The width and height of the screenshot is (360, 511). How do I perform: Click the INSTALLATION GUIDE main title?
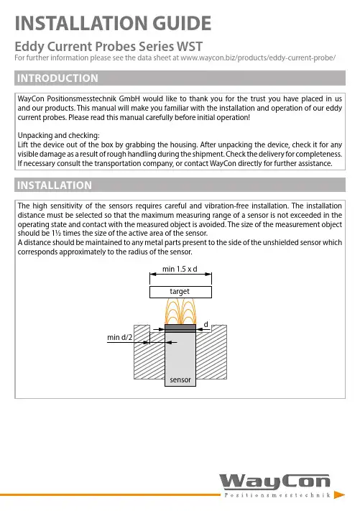pyautogui.click(x=113, y=23)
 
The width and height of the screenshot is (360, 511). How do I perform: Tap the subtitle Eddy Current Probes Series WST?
pyautogui.click(x=109, y=46)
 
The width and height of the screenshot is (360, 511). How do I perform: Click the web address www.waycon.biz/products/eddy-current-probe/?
pyautogui.click(x=258, y=58)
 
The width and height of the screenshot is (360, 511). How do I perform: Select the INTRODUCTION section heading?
pyautogui.click(x=57, y=78)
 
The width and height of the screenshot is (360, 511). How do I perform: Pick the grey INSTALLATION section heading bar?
pyautogui.click(x=180, y=185)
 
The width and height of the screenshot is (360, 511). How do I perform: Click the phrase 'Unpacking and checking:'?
pyautogui.click(x=59, y=136)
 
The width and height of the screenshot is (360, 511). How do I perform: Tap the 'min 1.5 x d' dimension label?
pyautogui.click(x=180, y=270)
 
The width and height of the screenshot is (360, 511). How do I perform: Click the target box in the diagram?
pyautogui.click(x=180, y=292)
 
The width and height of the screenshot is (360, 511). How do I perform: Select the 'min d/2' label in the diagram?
pyautogui.click(x=119, y=337)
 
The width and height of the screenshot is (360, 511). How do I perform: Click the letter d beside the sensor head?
pyautogui.click(x=206, y=325)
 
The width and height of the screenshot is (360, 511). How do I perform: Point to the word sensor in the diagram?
pyautogui.click(x=180, y=380)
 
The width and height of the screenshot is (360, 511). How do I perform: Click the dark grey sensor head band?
pyautogui.click(x=180, y=326)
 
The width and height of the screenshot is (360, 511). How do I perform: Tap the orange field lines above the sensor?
pyautogui.click(x=180, y=311)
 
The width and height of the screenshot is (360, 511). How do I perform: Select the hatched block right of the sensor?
pyautogui.click(x=211, y=354)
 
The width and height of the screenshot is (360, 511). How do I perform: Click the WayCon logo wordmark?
pyautogui.click(x=274, y=482)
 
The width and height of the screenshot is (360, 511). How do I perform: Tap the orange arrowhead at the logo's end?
pyautogui.click(x=339, y=495)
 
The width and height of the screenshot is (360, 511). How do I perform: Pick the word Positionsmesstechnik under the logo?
pyautogui.click(x=277, y=495)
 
